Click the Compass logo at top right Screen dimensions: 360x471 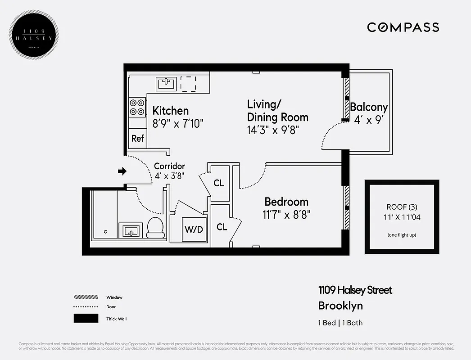pos(403,27)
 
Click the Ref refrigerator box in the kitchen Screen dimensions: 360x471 pos(137,139)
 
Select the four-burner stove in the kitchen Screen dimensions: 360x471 pos(137,107)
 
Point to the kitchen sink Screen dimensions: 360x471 pos(166,84)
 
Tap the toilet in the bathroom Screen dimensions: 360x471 pos(156,227)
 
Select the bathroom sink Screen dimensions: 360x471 pos(131,231)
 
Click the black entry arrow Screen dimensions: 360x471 pos(122,171)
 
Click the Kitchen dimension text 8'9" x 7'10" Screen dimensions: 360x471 pos(178,123)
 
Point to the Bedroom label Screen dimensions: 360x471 pos(286,202)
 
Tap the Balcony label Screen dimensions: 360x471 pos(368,107)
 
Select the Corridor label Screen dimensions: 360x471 pos(169,166)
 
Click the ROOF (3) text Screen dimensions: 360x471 pos(401,207)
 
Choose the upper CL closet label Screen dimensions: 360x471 pos(219,183)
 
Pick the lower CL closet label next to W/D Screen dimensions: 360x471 pos(222,227)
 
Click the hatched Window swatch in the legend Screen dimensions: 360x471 pos(86,297)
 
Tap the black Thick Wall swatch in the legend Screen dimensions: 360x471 pos(86,319)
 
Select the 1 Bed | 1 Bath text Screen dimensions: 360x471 pos(340,323)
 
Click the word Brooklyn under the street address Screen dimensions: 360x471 pos(340,306)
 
